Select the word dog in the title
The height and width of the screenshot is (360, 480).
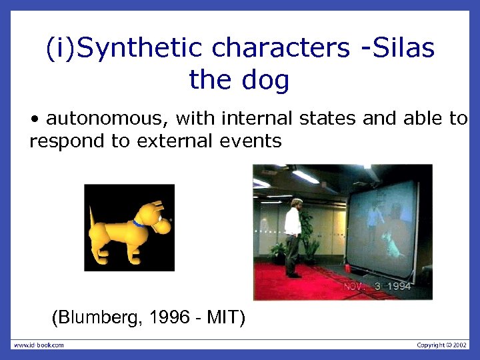[x=266, y=80]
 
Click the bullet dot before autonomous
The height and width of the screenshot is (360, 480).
[x=34, y=120]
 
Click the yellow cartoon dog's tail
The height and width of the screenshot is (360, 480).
[x=93, y=217]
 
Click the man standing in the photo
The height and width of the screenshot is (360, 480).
[x=293, y=236]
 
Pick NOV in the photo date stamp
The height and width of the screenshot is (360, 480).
[x=355, y=287]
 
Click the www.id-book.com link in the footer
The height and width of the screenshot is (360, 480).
[x=39, y=345]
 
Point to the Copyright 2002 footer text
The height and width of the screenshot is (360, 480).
[x=442, y=345]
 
